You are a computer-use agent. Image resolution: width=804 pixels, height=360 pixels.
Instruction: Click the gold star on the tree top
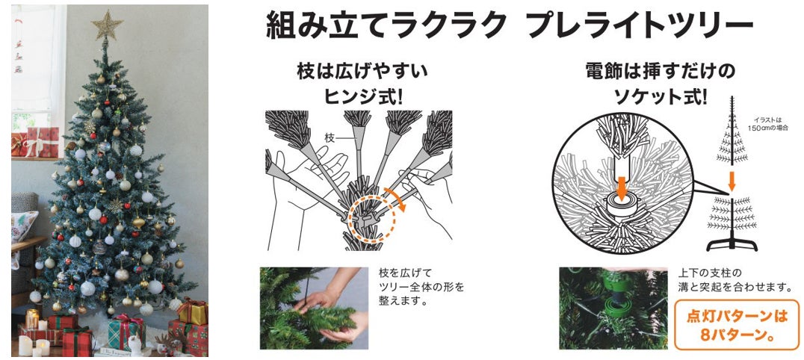(x=107, y=24)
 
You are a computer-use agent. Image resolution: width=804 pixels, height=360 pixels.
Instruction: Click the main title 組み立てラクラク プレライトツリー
(x=509, y=25)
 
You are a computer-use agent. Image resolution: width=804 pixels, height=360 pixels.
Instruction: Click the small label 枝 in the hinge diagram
(x=330, y=137)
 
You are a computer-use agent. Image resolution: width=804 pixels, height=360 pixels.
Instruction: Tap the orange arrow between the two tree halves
(x=732, y=180)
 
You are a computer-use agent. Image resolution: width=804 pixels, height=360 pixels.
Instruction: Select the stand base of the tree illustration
(x=732, y=245)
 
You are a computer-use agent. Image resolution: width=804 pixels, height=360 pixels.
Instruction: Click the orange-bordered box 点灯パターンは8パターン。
(x=737, y=325)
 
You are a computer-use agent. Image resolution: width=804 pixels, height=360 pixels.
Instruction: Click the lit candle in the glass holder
(x=32, y=319)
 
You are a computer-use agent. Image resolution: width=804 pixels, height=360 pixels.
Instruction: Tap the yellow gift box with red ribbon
(x=192, y=311)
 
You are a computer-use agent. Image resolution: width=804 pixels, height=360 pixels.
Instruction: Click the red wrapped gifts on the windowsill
(x=36, y=142)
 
